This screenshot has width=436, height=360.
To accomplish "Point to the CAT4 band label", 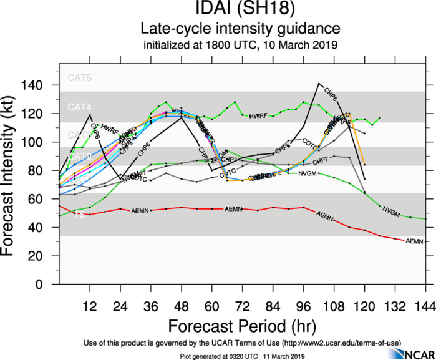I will click(x=79, y=107).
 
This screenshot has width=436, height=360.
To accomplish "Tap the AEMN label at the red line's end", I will click(x=415, y=241).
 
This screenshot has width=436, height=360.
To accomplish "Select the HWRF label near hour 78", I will click(x=258, y=116).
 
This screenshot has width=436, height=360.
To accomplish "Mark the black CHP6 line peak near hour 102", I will click(x=319, y=83).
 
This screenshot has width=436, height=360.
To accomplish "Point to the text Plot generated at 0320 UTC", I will click(x=243, y=355).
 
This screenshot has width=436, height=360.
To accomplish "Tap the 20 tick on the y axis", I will click(x=44, y=256).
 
